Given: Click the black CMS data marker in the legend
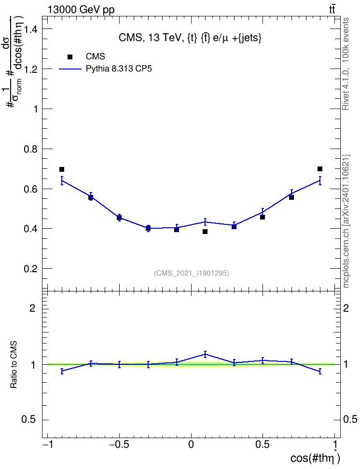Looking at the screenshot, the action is click(x=70, y=57).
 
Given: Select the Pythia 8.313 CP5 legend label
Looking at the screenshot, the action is click(x=119, y=69).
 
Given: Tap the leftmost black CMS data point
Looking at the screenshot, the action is click(x=62, y=169).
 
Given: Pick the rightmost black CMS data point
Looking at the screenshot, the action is click(x=320, y=169).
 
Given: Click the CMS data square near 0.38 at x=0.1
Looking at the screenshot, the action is click(x=205, y=232).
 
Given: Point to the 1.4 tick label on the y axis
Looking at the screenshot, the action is click(x=31, y=29).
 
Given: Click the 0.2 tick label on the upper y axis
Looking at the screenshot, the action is click(x=31, y=269).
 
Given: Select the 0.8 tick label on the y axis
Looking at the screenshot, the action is click(x=31, y=149).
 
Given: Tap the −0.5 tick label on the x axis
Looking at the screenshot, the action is click(x=119, y=444).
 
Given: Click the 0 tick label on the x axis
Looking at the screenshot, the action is click(x=191, y=444).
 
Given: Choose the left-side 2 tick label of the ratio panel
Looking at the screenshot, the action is click(x=32, y=308).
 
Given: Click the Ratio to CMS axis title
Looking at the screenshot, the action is click(x=14, y=365).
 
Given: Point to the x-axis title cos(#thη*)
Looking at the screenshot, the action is click(x=315, y=458).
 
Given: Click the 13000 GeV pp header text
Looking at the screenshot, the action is click(x=81, y=10).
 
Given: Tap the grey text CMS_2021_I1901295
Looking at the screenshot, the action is click(x=192, y=273).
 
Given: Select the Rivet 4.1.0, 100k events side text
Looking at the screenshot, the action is click(x=346, y=64).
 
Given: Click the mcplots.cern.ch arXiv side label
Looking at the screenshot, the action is click(x=346, y=221).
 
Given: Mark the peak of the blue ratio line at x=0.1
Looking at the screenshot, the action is click(x=205, y=355).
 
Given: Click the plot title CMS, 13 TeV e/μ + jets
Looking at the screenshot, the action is click(x=190, y=38).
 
